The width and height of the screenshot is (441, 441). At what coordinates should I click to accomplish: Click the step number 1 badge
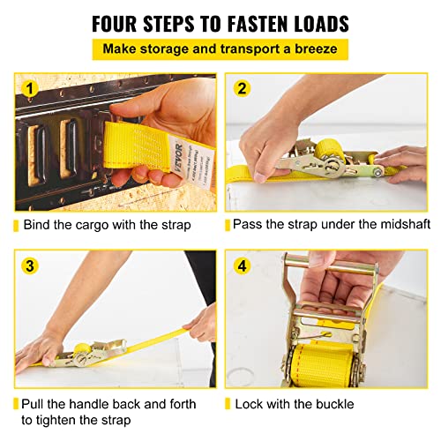(x=29, y=88)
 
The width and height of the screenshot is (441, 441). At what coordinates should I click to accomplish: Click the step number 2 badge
(x=243, y=88)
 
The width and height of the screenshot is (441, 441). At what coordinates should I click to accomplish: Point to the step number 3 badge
(x=29, y=265)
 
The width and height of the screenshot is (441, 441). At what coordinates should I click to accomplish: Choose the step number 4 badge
(x=243, y=265)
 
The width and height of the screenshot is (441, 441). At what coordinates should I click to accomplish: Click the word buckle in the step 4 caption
(x=331, y=403)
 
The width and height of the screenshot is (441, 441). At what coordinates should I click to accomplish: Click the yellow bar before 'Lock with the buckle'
(x=228, y=403)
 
